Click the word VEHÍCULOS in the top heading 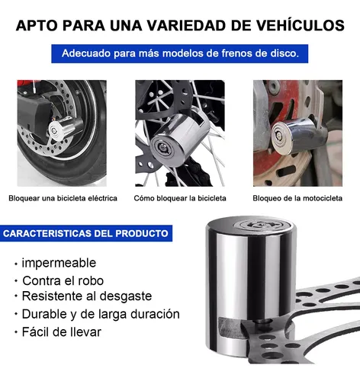pyautogui.click(x=301, y=25)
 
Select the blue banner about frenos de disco pyautogui.click(x=180, y=53)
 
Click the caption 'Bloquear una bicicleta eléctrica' pyautogui.click(x=63, y=198)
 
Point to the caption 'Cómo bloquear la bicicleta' pyautogui.click(x=180, y=198)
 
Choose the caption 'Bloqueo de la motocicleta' pyautogui.click(x=297, y=198)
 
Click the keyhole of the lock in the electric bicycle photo pyautogui.click(x=54, y=130)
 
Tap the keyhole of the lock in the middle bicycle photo pyautogui.click(x=162, y=148)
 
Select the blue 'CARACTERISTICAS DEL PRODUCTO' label pyautogui.click(x=86, y=233)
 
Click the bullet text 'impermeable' pyautogui.click(x=59, y=263)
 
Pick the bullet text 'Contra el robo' pyautogui.click(x=63, y=280)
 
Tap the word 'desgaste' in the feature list pyautogui.click(x=126, y=296)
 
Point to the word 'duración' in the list pyautogui.click(x=155, y=314)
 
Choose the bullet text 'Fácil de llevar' pyautogui.click(x=62, y=331)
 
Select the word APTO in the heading pyautogui.click(x=37, y=25)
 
